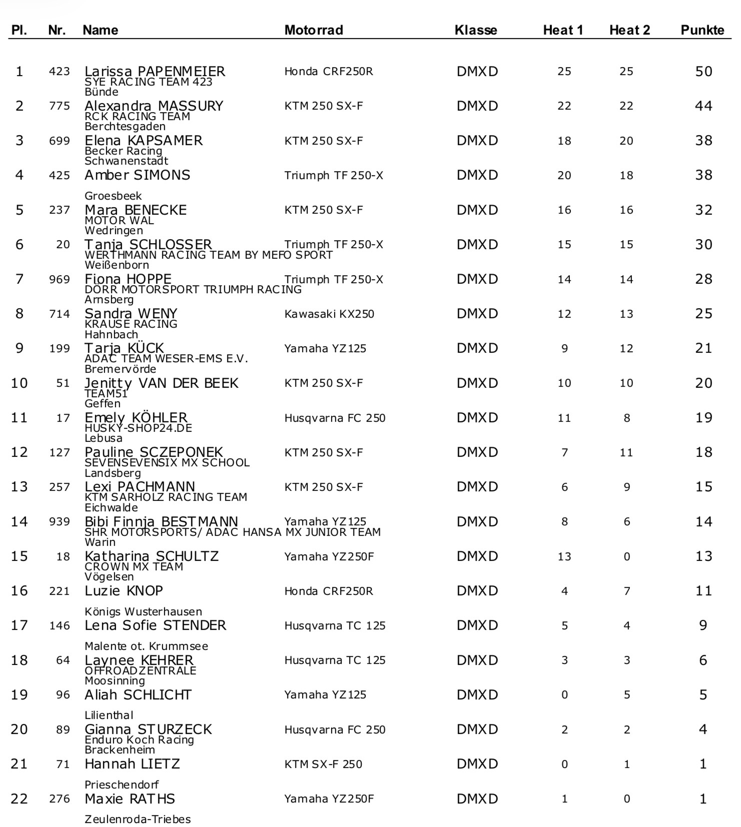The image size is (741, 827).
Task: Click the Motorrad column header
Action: coord(313,30)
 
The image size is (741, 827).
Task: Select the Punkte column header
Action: coord(702,30)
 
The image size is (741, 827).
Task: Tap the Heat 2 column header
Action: coord(629,30)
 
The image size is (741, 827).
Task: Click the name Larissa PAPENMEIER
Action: coord(155,71)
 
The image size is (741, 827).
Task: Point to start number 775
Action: coord(59,106)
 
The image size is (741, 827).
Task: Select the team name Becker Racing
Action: coord(123,151)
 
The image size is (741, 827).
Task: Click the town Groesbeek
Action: coord(113,196)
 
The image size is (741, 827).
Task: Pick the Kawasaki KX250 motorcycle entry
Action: coord(329,314)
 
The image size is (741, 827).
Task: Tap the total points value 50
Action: coord(703,71)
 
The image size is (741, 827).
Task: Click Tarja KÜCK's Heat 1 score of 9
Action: coord(564,349)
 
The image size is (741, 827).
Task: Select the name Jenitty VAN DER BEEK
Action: coord(161,383)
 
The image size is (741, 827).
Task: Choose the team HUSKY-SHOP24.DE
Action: coord(138,428)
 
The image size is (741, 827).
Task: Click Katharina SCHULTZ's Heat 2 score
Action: coord(626,556)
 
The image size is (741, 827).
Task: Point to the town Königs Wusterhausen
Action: coord(143,611)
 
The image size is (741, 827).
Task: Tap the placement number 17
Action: coord(19,625)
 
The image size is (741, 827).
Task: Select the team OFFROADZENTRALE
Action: coord(140,670)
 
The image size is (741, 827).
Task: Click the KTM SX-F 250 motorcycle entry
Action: coord(323,764)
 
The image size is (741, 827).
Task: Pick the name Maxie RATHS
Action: coord(130,798)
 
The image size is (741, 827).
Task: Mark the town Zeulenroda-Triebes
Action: coord(138,819)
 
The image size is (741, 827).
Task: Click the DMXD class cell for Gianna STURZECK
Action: coord(477,729)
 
